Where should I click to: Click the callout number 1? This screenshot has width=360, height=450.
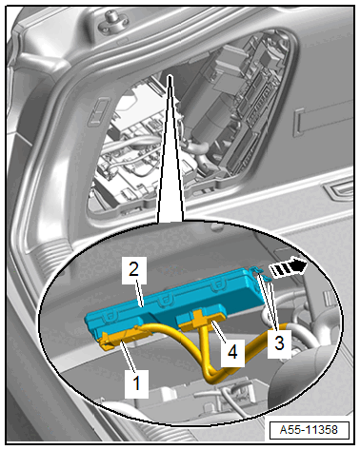tap(136, 383)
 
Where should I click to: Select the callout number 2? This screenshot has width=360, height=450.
tap(134, 269)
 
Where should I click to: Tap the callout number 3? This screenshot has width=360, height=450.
tap(279, 343)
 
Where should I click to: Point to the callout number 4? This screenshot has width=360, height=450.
tap(232, 352)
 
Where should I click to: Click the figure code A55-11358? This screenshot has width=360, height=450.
tap(310, 430)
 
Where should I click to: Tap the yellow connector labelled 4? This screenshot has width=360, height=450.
tap(201, 320)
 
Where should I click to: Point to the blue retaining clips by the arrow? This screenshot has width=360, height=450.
tap(260, 274)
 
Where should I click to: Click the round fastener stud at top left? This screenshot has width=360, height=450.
tap(110, 20)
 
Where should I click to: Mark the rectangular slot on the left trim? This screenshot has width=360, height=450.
tap(99, 110)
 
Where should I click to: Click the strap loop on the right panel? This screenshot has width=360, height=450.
tap(321, 120)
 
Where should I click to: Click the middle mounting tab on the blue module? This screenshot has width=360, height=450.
tap(165, 300)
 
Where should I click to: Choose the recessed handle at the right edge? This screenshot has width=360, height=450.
tap(339, 191)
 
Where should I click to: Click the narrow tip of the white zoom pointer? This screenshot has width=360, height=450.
tap(170, 76)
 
